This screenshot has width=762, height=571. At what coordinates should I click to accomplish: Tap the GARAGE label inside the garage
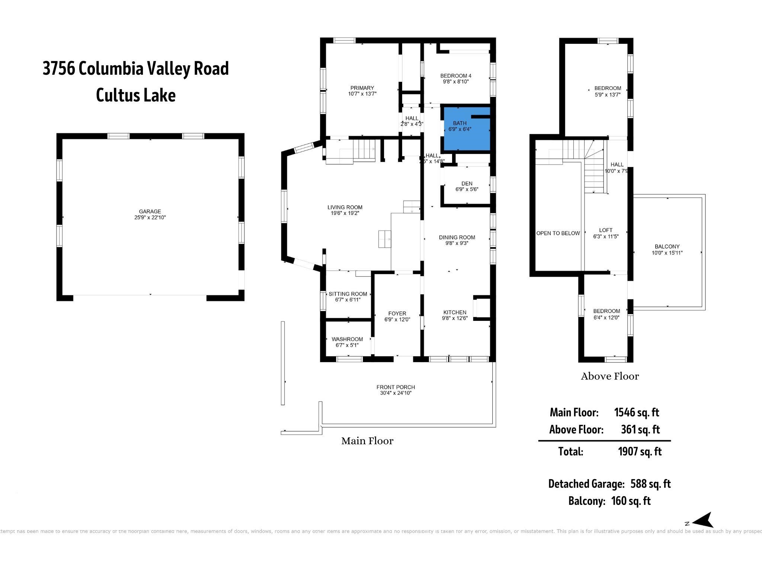[x=150, y=212]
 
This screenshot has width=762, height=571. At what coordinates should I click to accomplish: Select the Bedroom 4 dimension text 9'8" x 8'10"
[x=455, y=81]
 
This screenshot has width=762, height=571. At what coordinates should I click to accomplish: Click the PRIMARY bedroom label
[x=362, y=88]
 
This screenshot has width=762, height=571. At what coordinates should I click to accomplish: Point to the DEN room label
[x=467, y=184]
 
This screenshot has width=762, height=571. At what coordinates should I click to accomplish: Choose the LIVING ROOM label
[x=345, y=207]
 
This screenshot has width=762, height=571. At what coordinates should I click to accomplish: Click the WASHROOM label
[x=347, y=339]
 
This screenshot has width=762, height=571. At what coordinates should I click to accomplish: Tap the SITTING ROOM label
[x=348, y=294]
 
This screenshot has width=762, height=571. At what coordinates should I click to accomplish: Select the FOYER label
[x=397, y=313]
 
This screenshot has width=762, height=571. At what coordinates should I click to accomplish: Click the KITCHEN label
[x=455, y=312]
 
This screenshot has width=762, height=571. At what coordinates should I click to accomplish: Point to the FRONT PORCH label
[x=396, y=387]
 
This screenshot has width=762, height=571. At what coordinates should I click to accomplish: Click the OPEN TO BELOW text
[x=558, y=233]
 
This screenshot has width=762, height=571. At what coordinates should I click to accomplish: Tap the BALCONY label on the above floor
[x=667, y=246]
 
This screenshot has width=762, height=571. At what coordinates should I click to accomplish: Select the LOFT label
[x=606, y=230]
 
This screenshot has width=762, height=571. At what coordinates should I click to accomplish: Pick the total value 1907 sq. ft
[x=640, y=451]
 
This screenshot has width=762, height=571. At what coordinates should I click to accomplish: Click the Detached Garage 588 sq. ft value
[x=650, y=484]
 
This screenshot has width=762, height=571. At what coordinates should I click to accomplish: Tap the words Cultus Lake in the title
[x=136, y=95]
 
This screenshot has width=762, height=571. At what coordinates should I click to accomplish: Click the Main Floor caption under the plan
[x=367, y=441]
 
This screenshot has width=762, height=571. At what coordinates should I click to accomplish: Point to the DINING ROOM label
[x=457, y=237]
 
